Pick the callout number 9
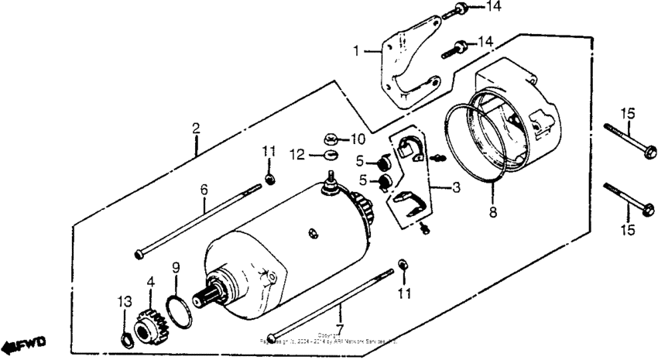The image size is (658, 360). click(x=176, y=267)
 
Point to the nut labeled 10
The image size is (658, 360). click(x=329, y=139)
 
